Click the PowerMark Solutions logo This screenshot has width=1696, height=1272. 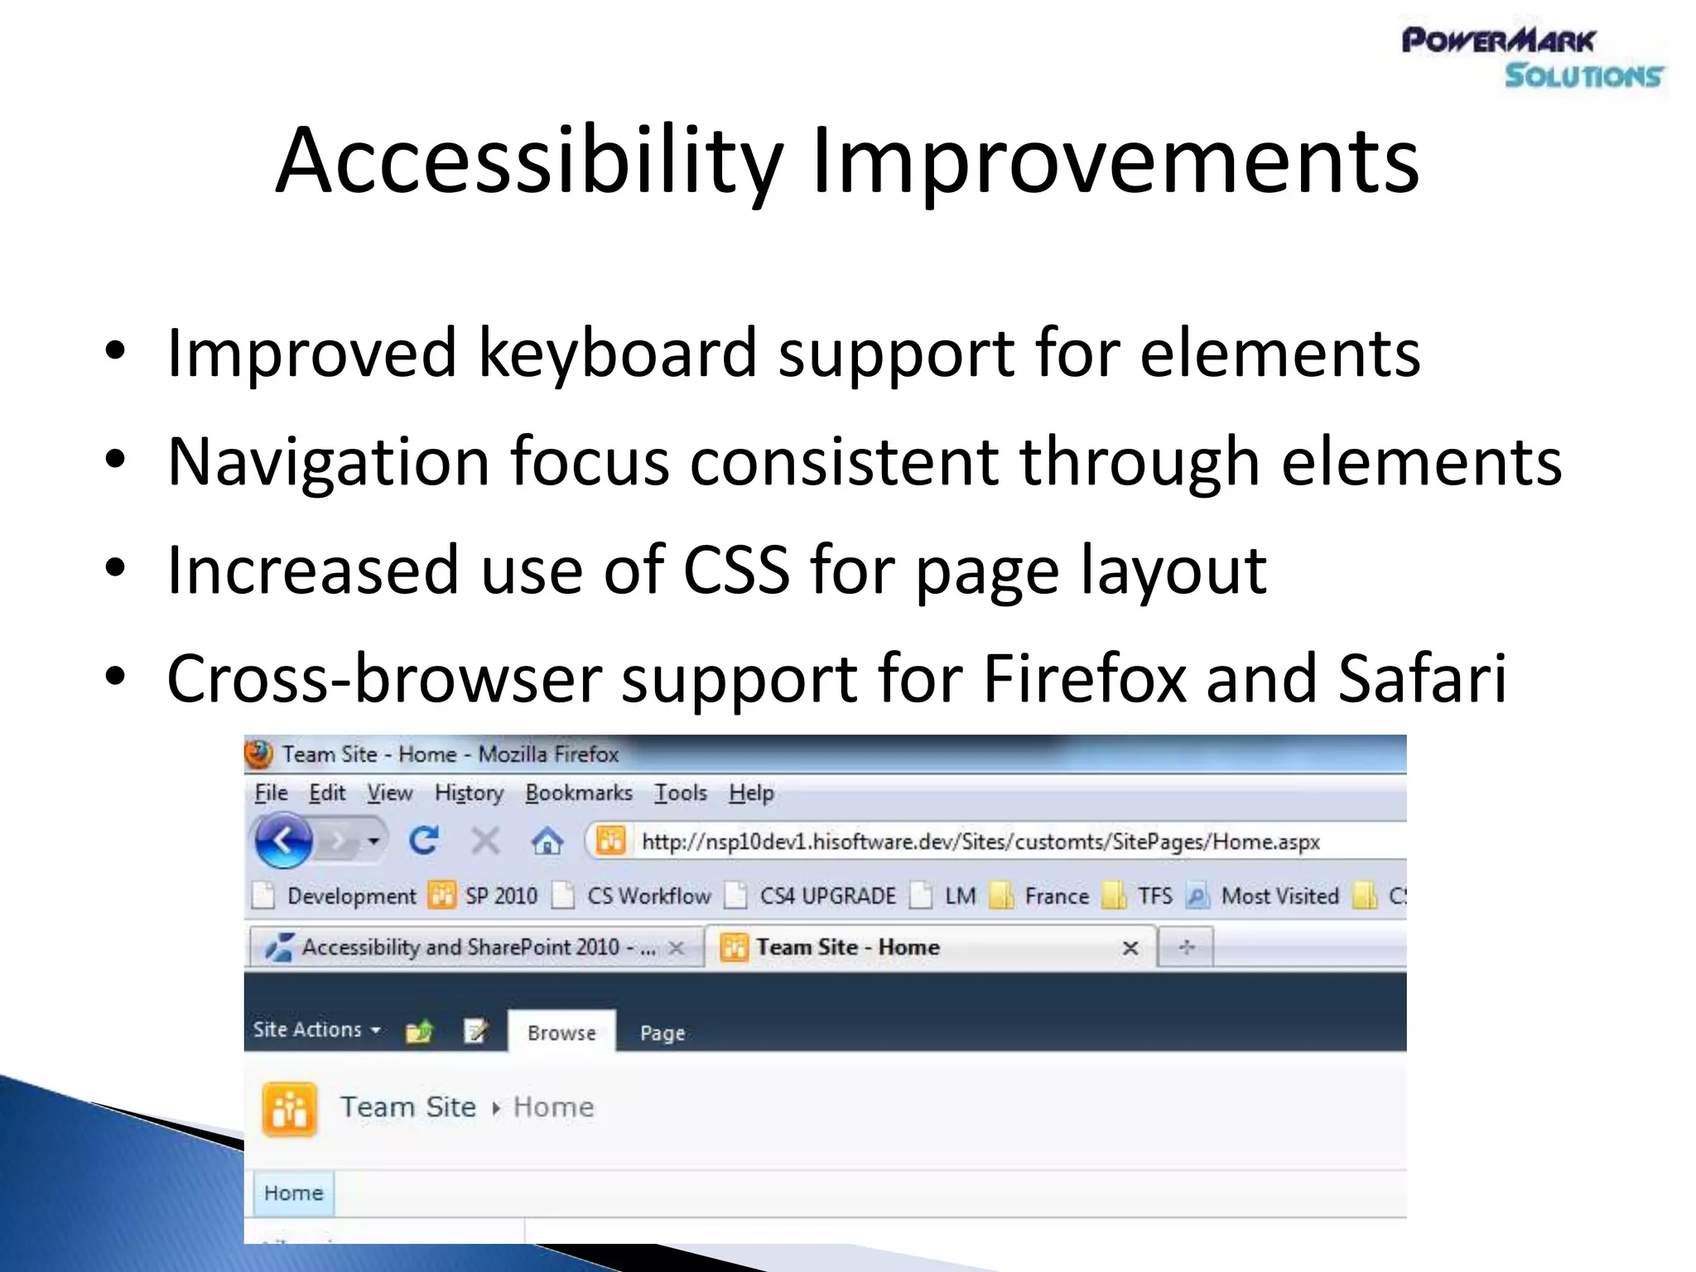tap(1532, 57)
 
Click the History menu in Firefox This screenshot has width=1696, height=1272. tap(469, 793)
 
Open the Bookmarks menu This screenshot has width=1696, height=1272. tap(578, 793)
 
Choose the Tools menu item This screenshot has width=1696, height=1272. tap(681, 793)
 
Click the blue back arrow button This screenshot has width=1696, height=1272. tap(283, 841)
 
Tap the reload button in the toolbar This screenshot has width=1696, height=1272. tap(424, 841)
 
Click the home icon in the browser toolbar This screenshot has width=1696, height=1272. tap(547, 842)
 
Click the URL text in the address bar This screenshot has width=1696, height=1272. tap(980, 842)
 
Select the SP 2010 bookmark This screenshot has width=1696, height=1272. tap(500, 896)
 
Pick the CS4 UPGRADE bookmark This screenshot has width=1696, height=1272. tap(827, 896)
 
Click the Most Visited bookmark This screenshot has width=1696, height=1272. tap(1279, 896)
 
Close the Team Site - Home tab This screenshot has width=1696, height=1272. tap(1130, 948)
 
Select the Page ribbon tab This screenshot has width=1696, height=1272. tap(662, 1033)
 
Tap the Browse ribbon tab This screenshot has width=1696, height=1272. tap(561, 1033)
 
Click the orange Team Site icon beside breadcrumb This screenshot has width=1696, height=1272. tap(290, 1109)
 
